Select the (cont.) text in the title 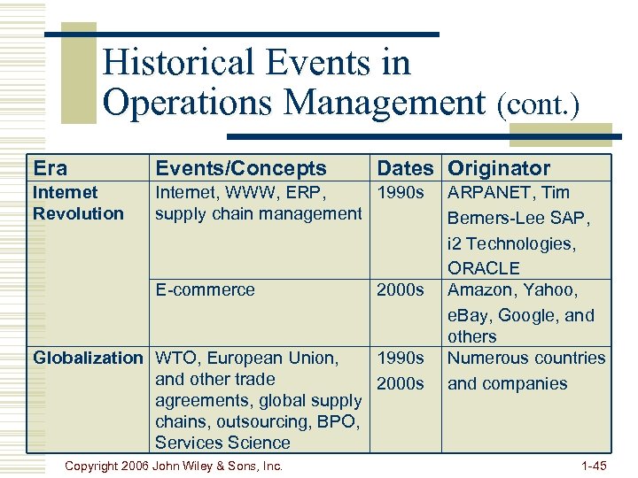click(x=538, y=105)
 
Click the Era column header click(x=50, y=168)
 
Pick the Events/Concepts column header click(x=241, y=168)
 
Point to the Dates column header click(x=406, y=168)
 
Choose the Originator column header click(x=499, y=168)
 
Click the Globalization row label click(x=87, y=358)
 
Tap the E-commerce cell click(x=205, y=289)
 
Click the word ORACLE click(x=484, y=268)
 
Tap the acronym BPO click(x=339, y=421)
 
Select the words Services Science click(x=222, y=443)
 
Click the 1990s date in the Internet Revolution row click(x=400, y=192)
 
